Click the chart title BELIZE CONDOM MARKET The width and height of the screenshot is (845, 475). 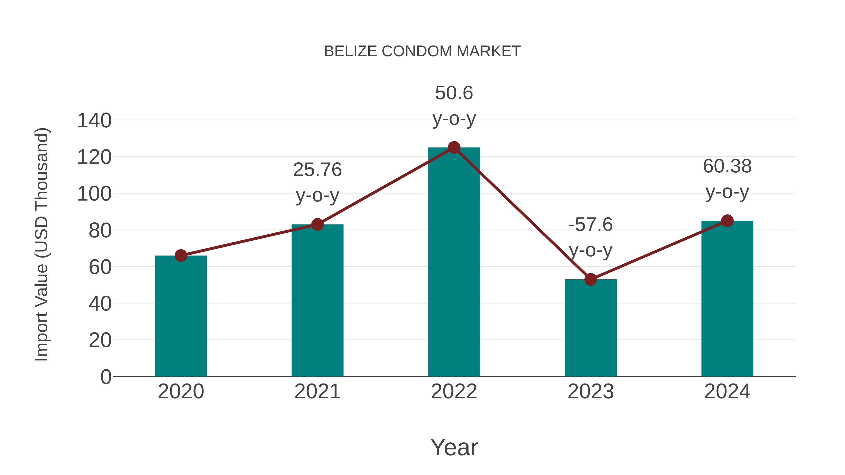422,51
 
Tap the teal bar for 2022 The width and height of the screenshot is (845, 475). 454,262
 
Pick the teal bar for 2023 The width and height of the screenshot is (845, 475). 591,328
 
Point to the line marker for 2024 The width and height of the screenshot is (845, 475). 727,221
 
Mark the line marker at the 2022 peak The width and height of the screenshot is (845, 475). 454,148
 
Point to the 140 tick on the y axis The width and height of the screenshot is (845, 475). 94,120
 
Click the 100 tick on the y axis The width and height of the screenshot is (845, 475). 94,194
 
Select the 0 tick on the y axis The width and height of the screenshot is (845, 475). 106,377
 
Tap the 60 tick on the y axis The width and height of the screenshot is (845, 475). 100,267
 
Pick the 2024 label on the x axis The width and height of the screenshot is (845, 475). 727,391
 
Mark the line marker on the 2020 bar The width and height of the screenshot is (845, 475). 181,255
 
